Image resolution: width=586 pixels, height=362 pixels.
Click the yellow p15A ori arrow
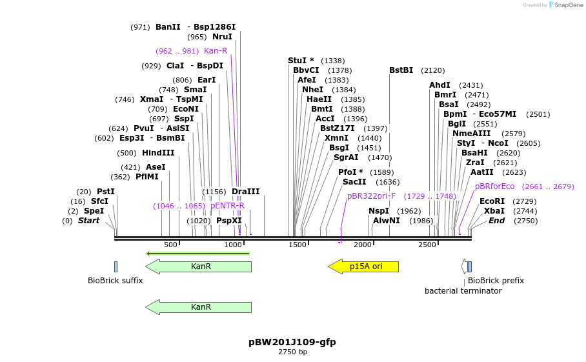point(363,266)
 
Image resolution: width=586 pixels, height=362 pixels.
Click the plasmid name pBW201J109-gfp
point(292,342)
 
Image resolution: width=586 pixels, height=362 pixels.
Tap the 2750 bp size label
point(292,352)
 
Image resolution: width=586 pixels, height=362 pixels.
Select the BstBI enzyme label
point(401,70)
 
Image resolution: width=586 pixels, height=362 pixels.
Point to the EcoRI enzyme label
point(492,201)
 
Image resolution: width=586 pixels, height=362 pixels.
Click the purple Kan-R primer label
point(216,51)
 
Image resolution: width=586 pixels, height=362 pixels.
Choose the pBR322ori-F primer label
point(371,196)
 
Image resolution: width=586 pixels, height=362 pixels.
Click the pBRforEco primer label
point(494,186)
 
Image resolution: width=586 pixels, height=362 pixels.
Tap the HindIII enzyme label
point(158,153)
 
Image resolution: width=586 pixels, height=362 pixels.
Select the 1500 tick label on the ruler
point(297,245)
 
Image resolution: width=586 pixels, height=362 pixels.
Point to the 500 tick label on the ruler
point(170,245)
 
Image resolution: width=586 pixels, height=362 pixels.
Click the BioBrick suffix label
point(116,281)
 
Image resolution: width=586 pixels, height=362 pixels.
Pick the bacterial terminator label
point(463,291)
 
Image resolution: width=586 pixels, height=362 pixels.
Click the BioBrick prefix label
point(496,281)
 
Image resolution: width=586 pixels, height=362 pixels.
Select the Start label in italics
point(89,221)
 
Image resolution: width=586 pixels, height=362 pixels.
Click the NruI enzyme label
point(222,37)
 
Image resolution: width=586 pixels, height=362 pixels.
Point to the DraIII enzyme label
point(245,192)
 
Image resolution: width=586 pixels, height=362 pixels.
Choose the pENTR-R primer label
point(227,206)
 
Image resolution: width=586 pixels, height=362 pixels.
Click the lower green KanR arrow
point(198,307)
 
